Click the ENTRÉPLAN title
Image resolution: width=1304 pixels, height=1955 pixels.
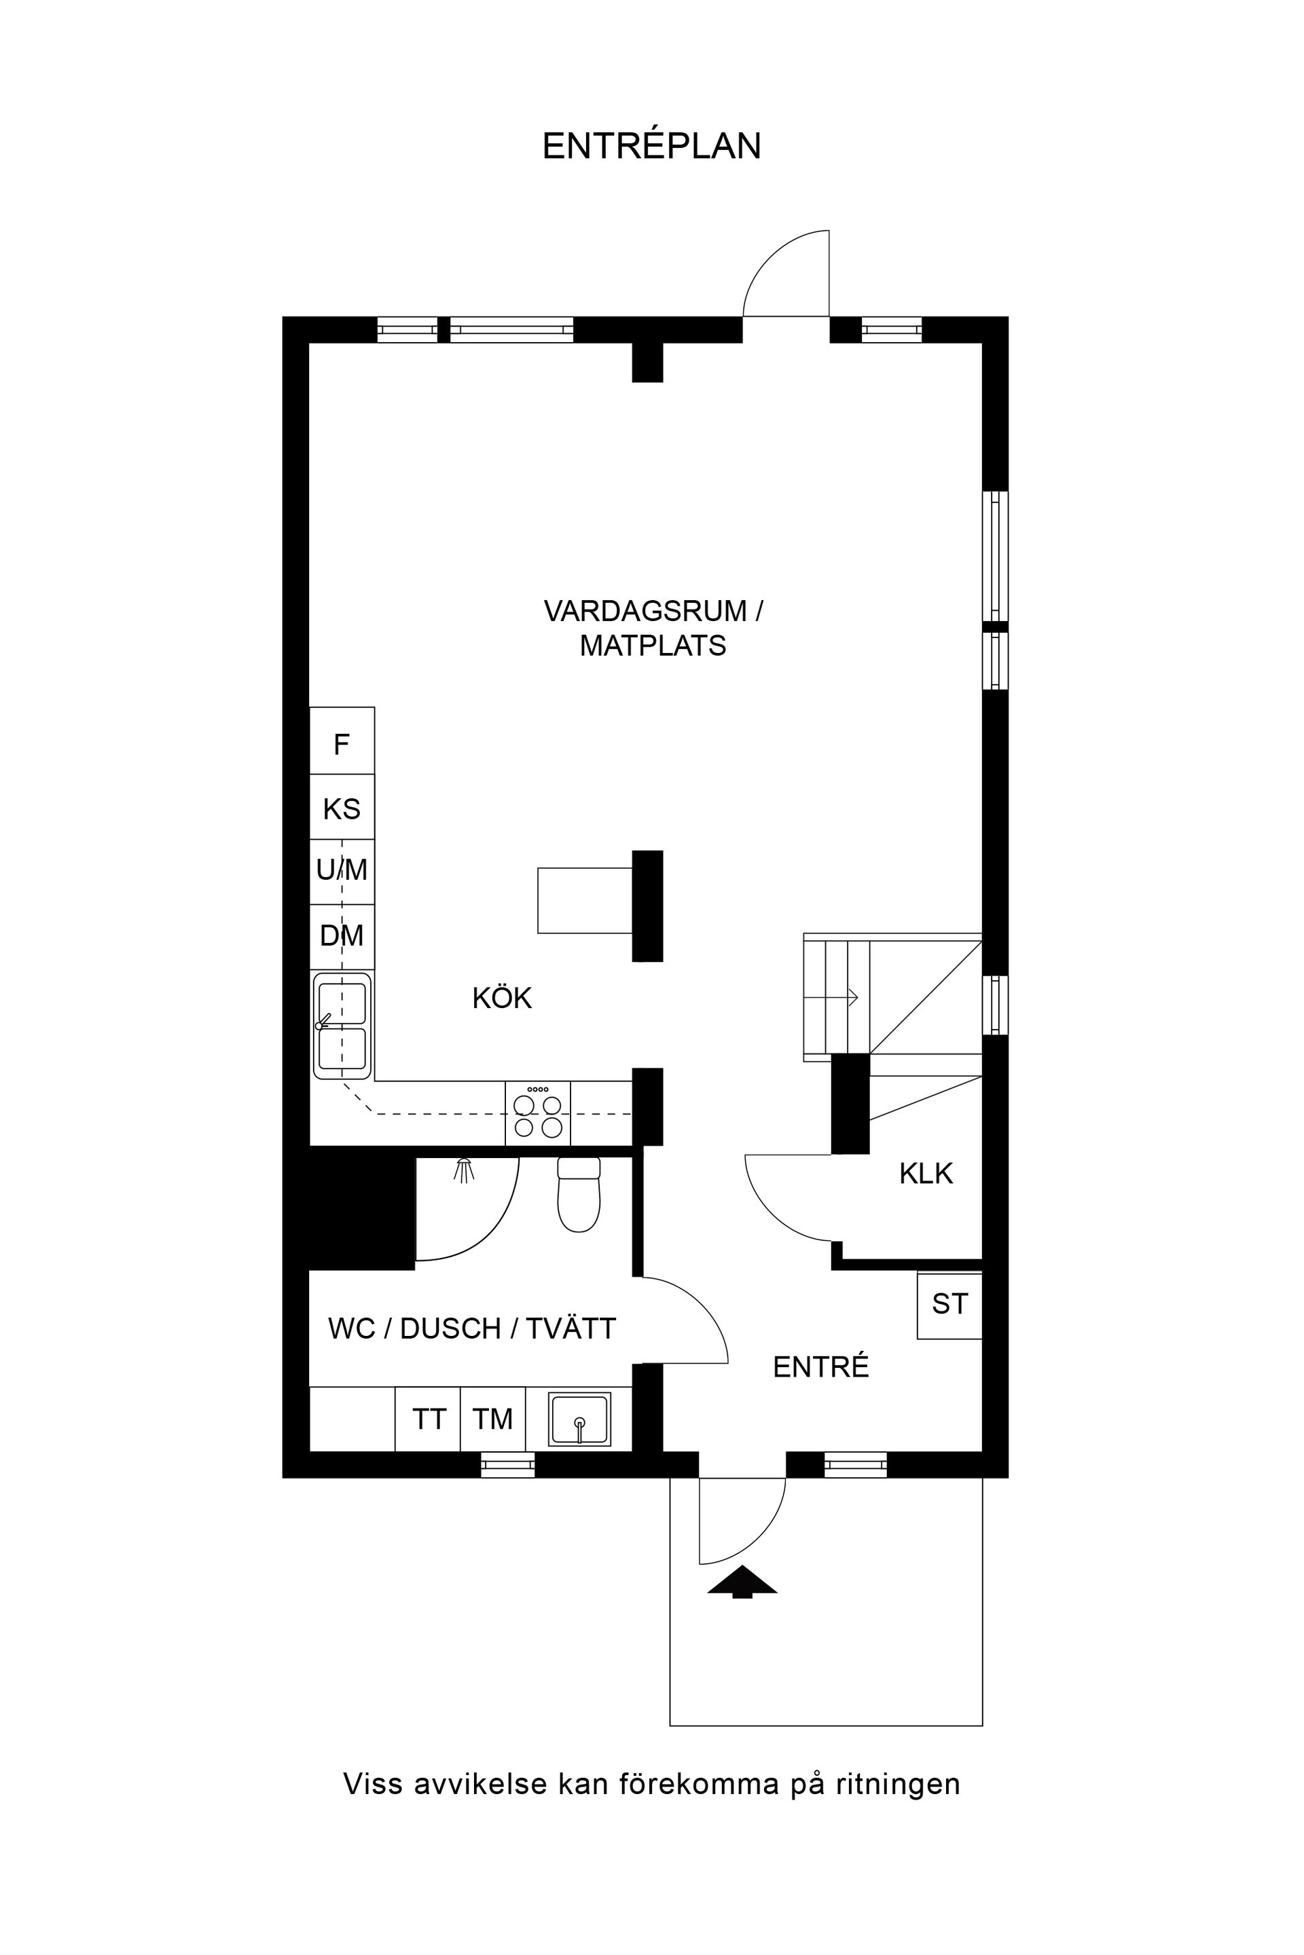click(x=651, y=147)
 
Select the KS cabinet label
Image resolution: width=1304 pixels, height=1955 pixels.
click(x=341, y=808)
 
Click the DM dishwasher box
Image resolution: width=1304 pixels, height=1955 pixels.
click(x=342, y=936)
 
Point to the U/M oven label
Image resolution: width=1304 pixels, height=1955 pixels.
click(x=342, y=870)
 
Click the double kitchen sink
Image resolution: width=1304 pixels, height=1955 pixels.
click(x=342, y=1026)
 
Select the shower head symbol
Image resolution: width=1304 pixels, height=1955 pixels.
click(x=464, y=1170)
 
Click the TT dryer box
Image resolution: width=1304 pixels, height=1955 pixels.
click(x=429, y=1419)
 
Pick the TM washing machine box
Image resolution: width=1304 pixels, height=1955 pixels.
click(x=492, y=1419)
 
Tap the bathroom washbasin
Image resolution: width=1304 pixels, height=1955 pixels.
click(x=579, y=1419)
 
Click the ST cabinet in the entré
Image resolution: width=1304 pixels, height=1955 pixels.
click(x=949, y=1304)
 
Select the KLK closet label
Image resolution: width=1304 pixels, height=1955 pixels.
click(x=926, y=1174)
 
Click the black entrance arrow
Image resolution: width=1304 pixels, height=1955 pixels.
click(x=742, y=1581)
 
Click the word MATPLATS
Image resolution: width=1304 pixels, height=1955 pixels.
click(x=652, y=646)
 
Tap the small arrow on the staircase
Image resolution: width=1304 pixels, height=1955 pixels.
click(x=852, y=997)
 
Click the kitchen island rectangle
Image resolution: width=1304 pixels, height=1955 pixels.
click(x=585, y=900)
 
